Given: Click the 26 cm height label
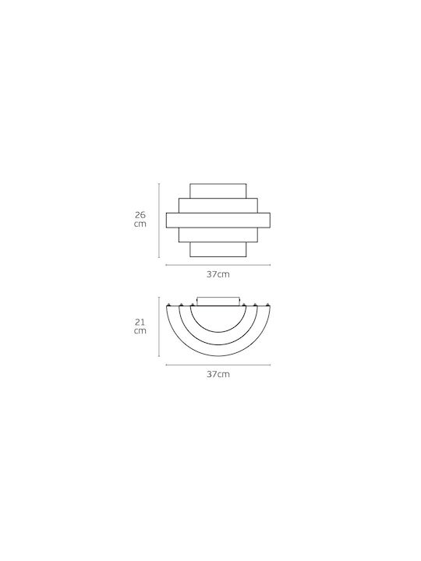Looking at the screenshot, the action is coord(140,220).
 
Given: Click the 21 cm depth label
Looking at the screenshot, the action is coord(140,326).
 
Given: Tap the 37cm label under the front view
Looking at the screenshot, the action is coord(218,274).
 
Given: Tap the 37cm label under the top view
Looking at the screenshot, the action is coord(218,374).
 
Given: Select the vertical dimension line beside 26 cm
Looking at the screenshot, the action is coord(159,220).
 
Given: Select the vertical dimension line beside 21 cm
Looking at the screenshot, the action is coord(159,326).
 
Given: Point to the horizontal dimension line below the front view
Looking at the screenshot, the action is coord(218,265).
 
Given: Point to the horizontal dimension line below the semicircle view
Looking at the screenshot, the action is coord(218,365).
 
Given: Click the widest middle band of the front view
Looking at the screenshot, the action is coord(218,221).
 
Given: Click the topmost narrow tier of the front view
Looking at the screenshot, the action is coord(218,191).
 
